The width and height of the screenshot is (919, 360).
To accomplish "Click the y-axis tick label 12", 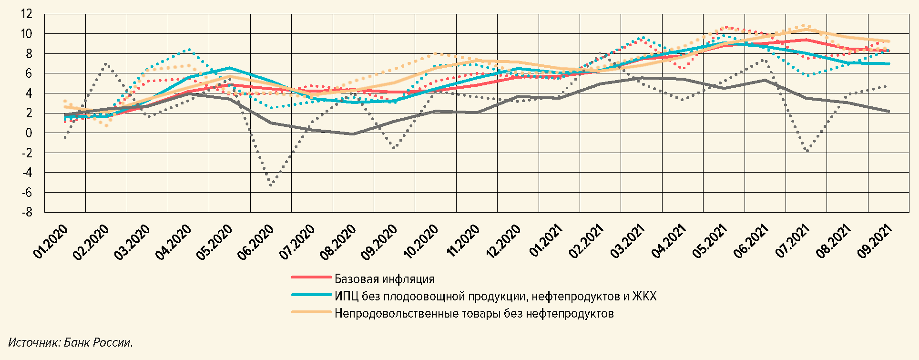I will pos(27,14).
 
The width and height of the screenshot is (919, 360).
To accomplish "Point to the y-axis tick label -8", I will pos(26,212).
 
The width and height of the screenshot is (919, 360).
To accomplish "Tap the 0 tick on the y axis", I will pos(29,133).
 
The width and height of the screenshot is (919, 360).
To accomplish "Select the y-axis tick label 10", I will pos(27,34).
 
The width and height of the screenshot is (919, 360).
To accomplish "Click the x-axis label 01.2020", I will pos(51,242).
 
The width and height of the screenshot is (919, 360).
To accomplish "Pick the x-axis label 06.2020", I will pos(256,242).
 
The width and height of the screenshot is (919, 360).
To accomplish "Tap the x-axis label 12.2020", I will pos(503,242).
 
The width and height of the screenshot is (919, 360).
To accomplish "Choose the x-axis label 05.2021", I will pos(709,242).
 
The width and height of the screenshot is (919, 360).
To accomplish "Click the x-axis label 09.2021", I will pos(874,242).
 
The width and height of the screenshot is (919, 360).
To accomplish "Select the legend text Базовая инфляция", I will pos(385,279).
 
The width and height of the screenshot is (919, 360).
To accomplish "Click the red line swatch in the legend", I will pos(311,277).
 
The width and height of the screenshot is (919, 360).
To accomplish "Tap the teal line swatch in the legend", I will pos(311,295).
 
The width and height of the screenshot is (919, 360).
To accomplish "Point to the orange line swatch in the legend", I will pos(311,312).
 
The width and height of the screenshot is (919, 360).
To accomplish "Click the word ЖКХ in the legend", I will pos(644,296).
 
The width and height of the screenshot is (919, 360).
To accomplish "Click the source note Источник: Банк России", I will pos(71,342).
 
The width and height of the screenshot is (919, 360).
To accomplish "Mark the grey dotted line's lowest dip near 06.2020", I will pos(271,185).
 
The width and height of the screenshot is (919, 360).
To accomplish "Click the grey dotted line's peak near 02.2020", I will pos(105,64).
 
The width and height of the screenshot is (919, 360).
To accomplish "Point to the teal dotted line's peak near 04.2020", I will pos(190,49).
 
